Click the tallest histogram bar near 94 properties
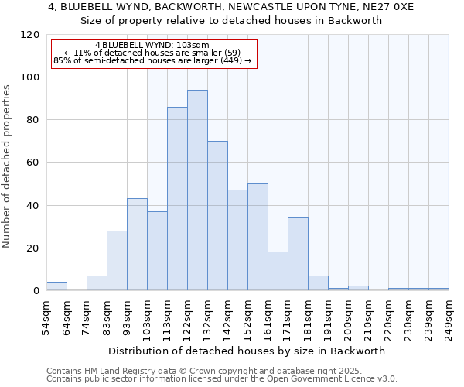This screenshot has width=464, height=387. pyautogui.click(x=197, y=190)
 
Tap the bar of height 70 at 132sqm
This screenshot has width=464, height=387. pyautogui.click(x=217, y=216)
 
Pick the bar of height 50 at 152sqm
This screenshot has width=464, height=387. pyautogui.click(x=258, y=237)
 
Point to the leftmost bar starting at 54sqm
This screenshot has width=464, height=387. pyautogui.click(x=56, y=286)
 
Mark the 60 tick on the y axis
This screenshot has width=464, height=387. pyautogui.click(x=34, y=163)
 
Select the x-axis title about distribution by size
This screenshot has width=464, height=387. pyautogui.click(x=247, y=351)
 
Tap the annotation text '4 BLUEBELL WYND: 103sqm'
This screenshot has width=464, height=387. pyautogui.click(x=152, y=46)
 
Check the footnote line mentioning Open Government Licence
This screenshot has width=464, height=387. pyautogui.click(x=222, y=379)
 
